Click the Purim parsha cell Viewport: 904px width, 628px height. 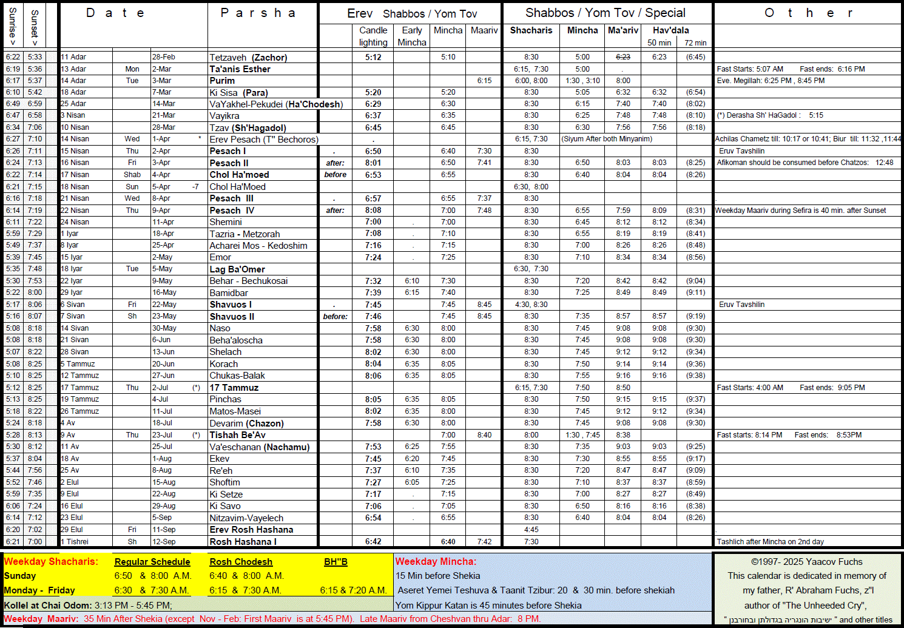pos(222,81)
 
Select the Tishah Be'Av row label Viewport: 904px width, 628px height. pos(237,435)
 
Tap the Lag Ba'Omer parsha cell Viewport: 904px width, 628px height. pos(237,269)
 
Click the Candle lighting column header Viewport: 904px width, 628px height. pos(373,36)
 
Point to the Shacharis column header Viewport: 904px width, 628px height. pos(531,30)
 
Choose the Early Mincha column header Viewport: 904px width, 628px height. pos(412,36)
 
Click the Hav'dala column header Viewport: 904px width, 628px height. pos(670,30)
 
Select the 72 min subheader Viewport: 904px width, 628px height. pos(695,43)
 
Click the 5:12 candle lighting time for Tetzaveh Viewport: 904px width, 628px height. pos(373,58)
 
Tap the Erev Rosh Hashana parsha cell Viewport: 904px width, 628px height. pos(251,530)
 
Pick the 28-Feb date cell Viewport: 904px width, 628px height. pos(163,57)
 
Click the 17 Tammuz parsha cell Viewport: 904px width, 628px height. pos(234,388)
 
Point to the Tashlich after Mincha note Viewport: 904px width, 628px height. pos(770,542)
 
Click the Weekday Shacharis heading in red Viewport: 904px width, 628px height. pos(51,562)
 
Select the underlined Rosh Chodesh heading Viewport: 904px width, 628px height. pos(241,562)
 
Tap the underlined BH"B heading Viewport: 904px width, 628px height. pos(336,562)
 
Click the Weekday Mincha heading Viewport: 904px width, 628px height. pos(436,562)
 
